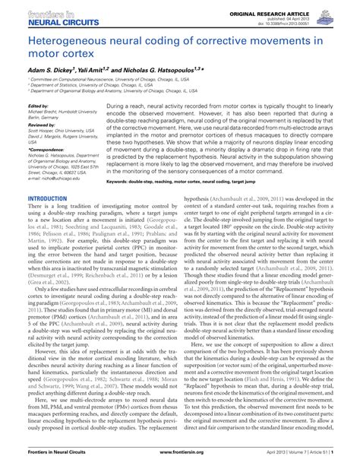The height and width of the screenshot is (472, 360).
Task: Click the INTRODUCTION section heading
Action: (47, 198)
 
